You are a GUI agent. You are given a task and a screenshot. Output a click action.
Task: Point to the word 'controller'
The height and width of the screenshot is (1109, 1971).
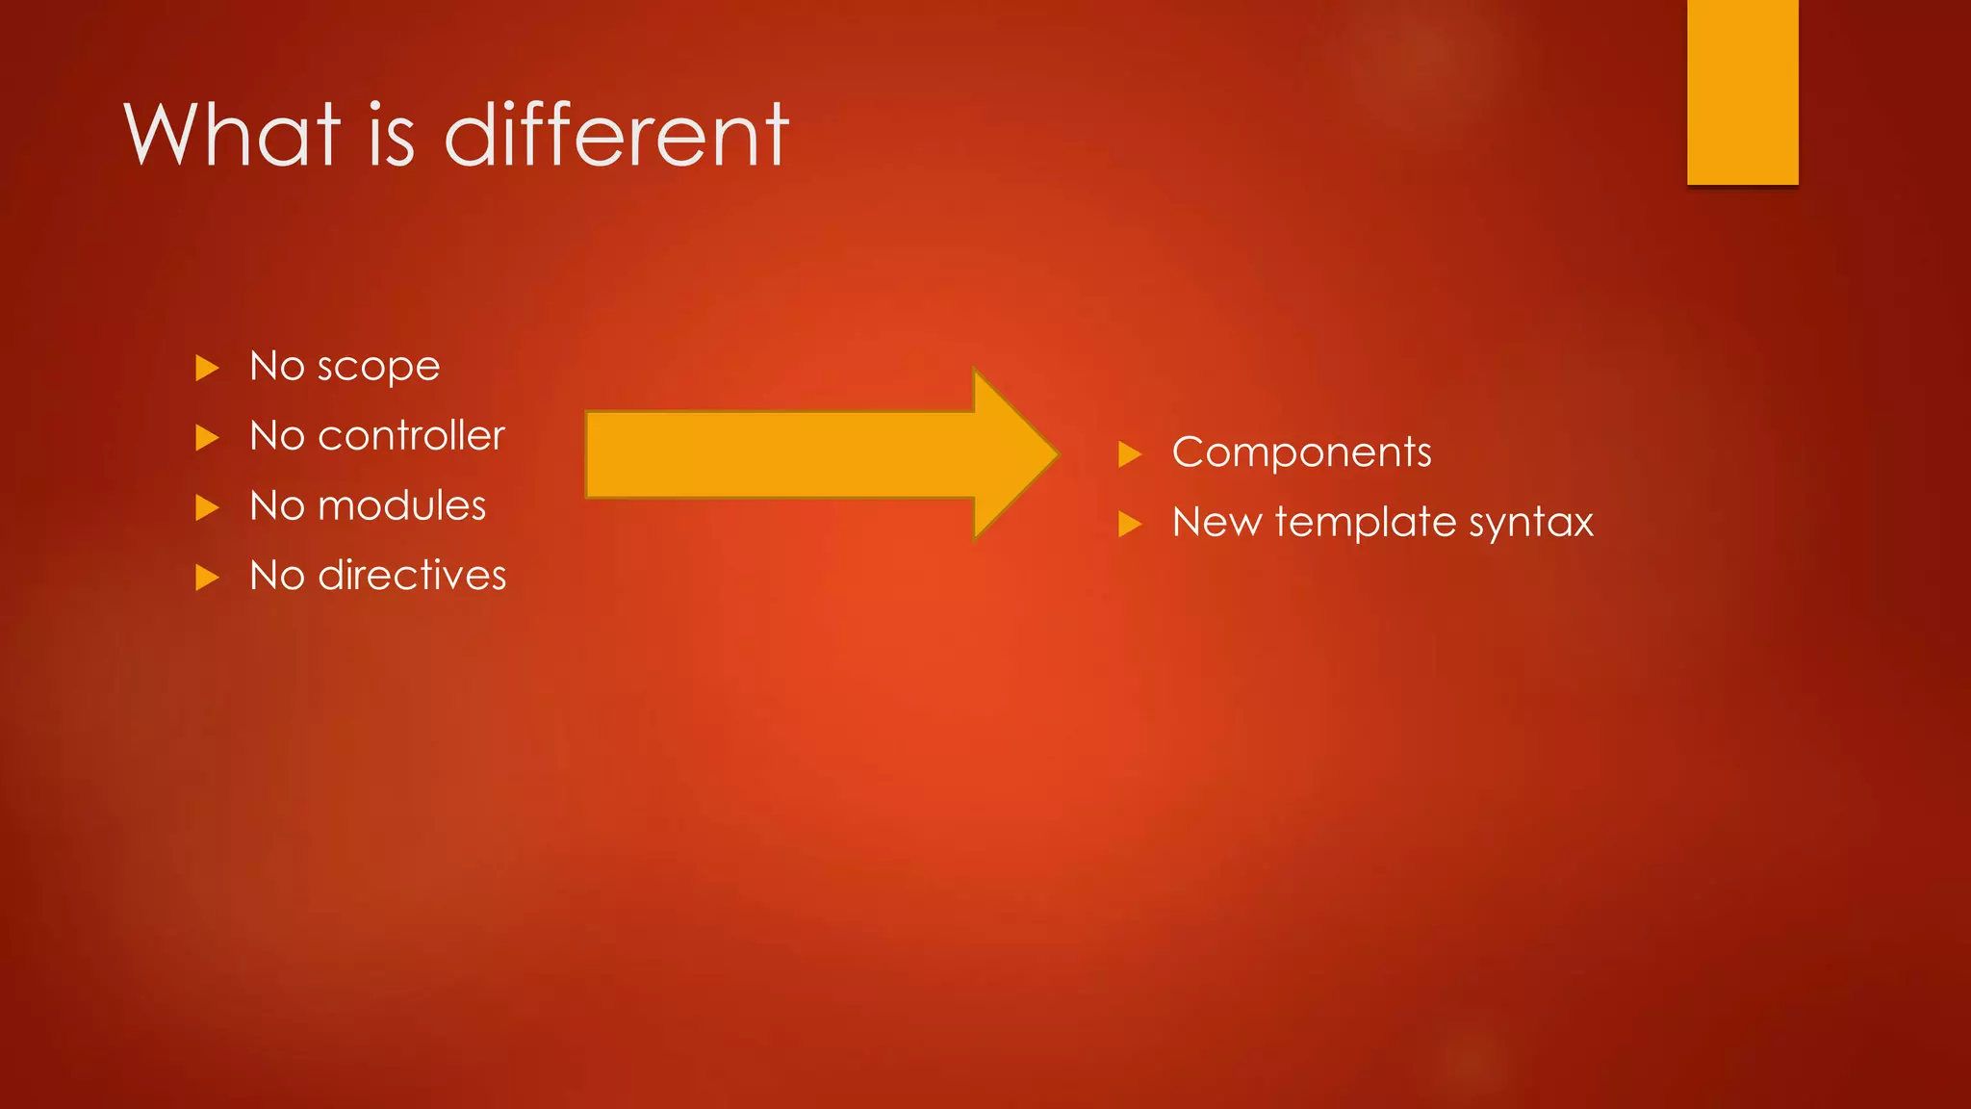click(411, 436)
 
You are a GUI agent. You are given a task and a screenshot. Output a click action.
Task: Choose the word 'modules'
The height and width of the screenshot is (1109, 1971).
click(402, 506)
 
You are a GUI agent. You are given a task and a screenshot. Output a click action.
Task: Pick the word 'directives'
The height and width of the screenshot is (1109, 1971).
click(412, 576)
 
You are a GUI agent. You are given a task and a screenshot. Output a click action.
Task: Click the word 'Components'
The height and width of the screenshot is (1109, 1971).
click(1301, 452)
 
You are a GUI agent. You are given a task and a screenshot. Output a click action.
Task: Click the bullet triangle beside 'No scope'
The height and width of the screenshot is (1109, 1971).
click(207, 368)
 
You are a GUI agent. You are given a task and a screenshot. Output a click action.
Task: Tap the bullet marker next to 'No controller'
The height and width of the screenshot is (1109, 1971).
click(207, 438)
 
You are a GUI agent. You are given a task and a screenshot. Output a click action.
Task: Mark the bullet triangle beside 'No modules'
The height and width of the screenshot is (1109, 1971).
click(207, 507)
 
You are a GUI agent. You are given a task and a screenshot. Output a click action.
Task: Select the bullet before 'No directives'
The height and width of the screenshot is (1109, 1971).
click(207, 578)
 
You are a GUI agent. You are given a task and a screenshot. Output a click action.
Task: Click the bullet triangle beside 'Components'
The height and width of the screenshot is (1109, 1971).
click(1130, 454)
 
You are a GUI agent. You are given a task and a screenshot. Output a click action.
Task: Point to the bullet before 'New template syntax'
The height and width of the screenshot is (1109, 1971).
click(1130, 525)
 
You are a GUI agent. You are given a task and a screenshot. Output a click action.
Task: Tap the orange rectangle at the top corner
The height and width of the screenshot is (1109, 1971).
click(1742, 91)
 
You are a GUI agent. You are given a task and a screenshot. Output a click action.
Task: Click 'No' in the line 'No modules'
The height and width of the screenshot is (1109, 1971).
click(276, 506)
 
